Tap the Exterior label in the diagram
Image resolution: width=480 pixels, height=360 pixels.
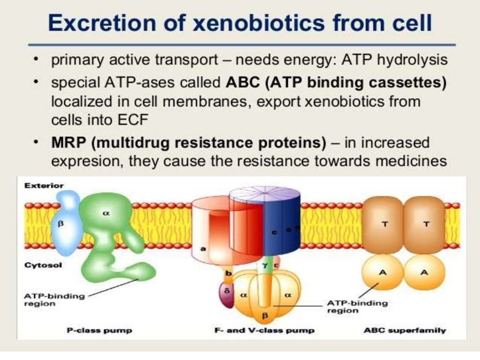(x=43, y=186)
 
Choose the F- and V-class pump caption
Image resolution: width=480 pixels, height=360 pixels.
(x=264, y=330)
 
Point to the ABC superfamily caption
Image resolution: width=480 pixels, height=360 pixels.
(x=405, y=330)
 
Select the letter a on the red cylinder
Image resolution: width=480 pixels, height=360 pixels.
(x=202, y=248)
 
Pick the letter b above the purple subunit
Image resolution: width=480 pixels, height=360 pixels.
(x=229, y=273)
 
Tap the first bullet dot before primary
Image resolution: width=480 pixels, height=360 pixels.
(x=36, y=61)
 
